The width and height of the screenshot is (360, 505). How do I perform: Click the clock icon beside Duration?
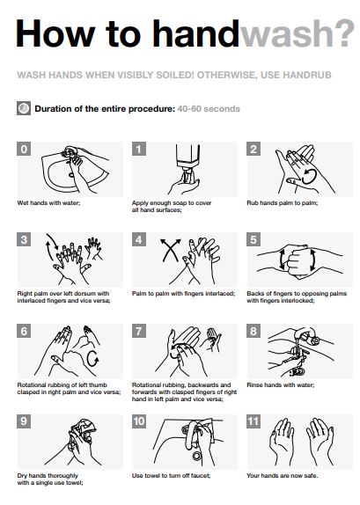pyautogui.click(x=24, y=108)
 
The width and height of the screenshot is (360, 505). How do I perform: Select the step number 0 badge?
pyautogui.click(x=24, y=149)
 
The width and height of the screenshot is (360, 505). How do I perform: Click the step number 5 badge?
pyautogui.click(x=253, y=239)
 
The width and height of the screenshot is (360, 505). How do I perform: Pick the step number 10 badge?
pyautogui.click(x=139, y=421)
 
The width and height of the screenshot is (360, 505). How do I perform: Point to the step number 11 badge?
pyautogui.click(x=253, y=421)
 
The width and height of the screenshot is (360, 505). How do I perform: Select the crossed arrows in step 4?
pyautogui.click(x=171, y=250)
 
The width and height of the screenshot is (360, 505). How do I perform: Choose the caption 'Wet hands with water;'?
pyautogui.click(x=48, y=203)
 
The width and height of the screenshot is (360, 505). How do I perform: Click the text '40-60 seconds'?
pyautogui.click(x=209, y=109)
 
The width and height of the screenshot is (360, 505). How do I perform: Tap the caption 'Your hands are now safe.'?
pyautogui.click(x=283, y=476)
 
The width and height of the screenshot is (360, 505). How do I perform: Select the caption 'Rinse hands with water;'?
pyautogui.click(x=281, y=384)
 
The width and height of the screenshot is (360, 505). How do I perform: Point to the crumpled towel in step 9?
pyautogui.click(x=84, y=428)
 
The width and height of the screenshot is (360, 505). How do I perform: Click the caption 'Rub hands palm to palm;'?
pyautogui.click(x=283, y=203)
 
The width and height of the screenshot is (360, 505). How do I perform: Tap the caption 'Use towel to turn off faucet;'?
pyautogui.click(x=171, y=476)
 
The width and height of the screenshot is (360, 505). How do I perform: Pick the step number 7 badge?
pyautogui.click(x=139, y=331)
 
